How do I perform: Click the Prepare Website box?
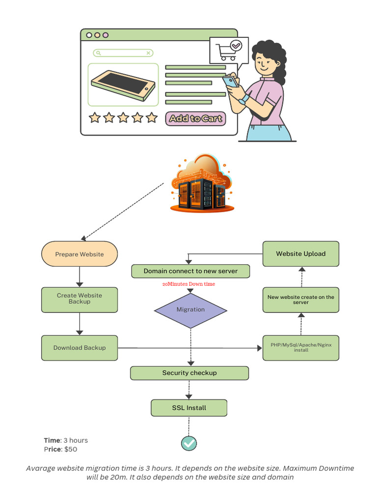[x=80, y=254]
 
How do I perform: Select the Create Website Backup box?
[x=80, y=299]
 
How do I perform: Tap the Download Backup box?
[x=80, y=348]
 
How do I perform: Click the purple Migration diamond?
[x=190, y=310]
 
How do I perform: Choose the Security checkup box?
[x=189, y=373]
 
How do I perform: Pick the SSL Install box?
[x=189, y=408]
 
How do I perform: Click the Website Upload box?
[x=300, y=254]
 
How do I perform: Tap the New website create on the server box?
[x=300, y=300]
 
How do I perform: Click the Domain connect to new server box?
[x=190, y=271]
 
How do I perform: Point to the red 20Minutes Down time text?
[x=188, y=284]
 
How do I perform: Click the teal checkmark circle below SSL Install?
[x=189, y=443]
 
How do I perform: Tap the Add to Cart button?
[x=195, y=118]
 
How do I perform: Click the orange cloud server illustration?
[x=202, y=185]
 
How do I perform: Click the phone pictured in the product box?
[x=123, y=84]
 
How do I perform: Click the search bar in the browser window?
[x=123, y=53]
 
